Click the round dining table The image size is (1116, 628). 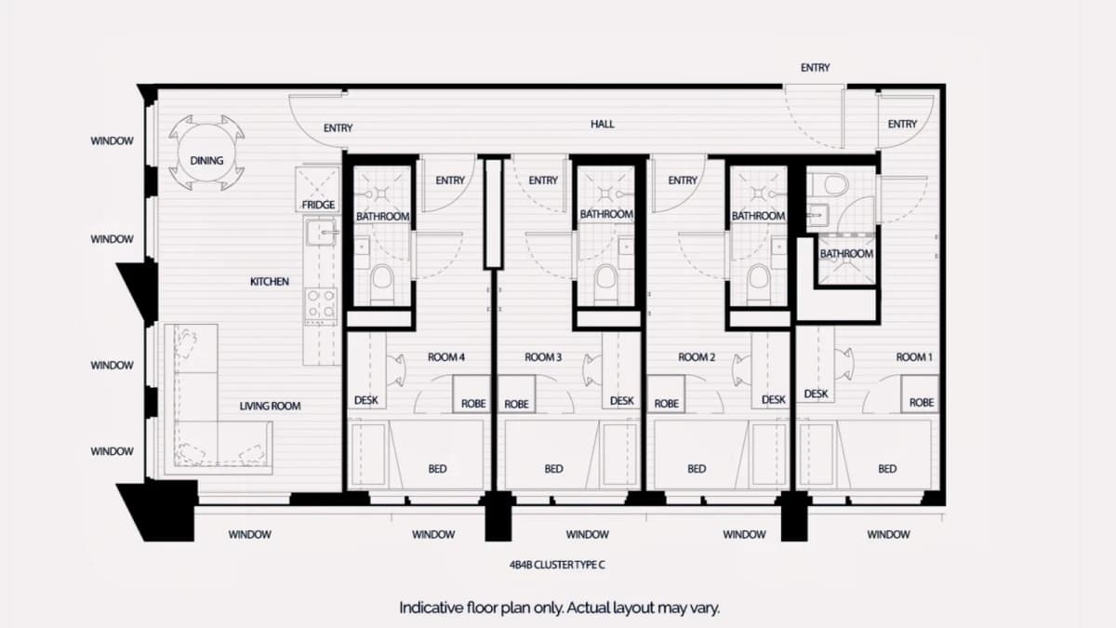pos(206,153)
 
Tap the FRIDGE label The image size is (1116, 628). pos(318,205)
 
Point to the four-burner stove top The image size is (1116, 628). pos(321,304)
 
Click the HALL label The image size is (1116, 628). pos(602,124)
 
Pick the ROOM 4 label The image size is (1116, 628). pos(445,357)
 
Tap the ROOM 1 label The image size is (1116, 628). pos(913,357)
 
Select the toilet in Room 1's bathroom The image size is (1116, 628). pos(830,184)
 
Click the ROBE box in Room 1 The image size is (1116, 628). pos(920,394)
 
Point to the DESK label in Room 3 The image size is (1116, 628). pos(622,401)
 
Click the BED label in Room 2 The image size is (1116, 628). pos(696,469)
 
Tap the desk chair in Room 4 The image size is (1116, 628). pos(397,370)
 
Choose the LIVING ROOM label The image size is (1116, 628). pos(270,407)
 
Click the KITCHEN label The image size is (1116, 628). pos(269,282)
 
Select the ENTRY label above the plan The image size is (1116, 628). pos(815,67)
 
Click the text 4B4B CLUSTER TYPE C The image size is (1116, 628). pos(557,565)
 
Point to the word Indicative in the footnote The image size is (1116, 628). pos(431,608)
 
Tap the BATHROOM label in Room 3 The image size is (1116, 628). pos(606,214)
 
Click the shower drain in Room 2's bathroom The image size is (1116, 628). pos(758,194)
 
